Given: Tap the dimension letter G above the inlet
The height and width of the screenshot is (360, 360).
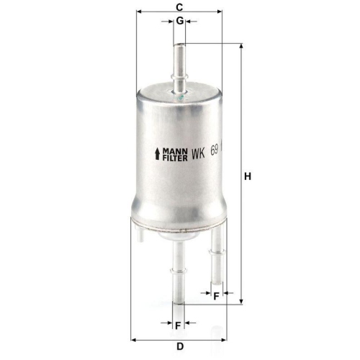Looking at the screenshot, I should tap(179, 21).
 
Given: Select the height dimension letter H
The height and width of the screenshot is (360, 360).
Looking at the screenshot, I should tap(248, 176).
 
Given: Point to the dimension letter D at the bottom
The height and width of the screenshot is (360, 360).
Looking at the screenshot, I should tap(181, 346).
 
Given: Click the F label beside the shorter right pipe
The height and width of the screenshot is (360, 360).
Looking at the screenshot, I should tap(216, 295).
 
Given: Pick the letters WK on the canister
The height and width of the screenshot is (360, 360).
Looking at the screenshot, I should tap(199, 154).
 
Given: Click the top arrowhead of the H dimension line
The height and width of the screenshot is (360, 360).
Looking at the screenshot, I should tap(240, 45).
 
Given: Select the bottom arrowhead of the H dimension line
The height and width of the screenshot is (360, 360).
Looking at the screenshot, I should tap(240, 303).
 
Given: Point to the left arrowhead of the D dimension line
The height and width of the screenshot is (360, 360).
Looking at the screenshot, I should tap(134, 338).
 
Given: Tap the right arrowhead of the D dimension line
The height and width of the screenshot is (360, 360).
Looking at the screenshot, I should tap(228, 338).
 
